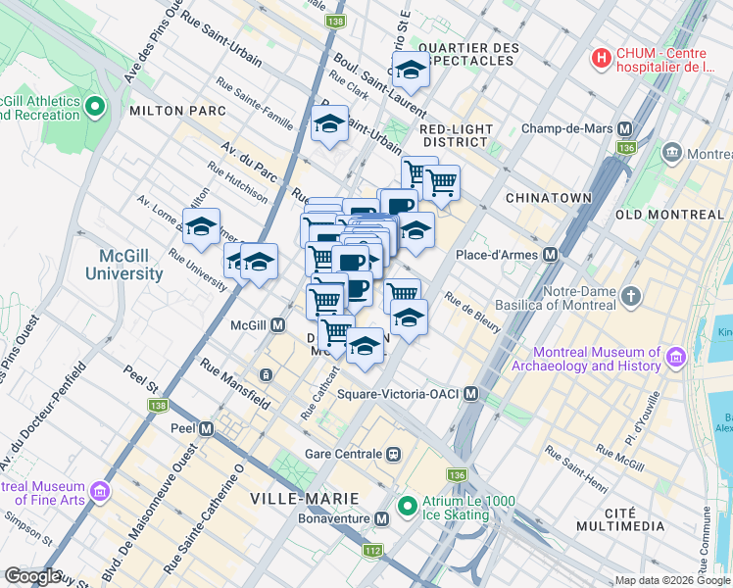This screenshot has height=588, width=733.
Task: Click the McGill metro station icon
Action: point(278,324)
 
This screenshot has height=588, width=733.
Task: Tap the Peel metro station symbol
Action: point(206,428)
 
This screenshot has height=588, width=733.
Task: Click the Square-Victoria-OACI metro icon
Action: point(471,394)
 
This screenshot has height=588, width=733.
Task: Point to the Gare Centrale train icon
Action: point(394,454)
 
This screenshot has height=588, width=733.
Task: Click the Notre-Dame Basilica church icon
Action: point(632,296)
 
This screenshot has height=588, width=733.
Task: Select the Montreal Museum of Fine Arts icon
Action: point(99,490)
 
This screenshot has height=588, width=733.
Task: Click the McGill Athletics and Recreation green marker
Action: point(95,107)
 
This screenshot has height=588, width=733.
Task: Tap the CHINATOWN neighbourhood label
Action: point(548,198)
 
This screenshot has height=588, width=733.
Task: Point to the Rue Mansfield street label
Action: point(235,383)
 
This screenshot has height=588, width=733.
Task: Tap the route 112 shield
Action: point(371,551)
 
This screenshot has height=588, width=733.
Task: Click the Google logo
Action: point(33,576)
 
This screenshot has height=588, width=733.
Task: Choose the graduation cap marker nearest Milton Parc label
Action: point(331,124)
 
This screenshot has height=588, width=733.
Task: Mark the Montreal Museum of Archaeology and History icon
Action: point(674,360)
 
